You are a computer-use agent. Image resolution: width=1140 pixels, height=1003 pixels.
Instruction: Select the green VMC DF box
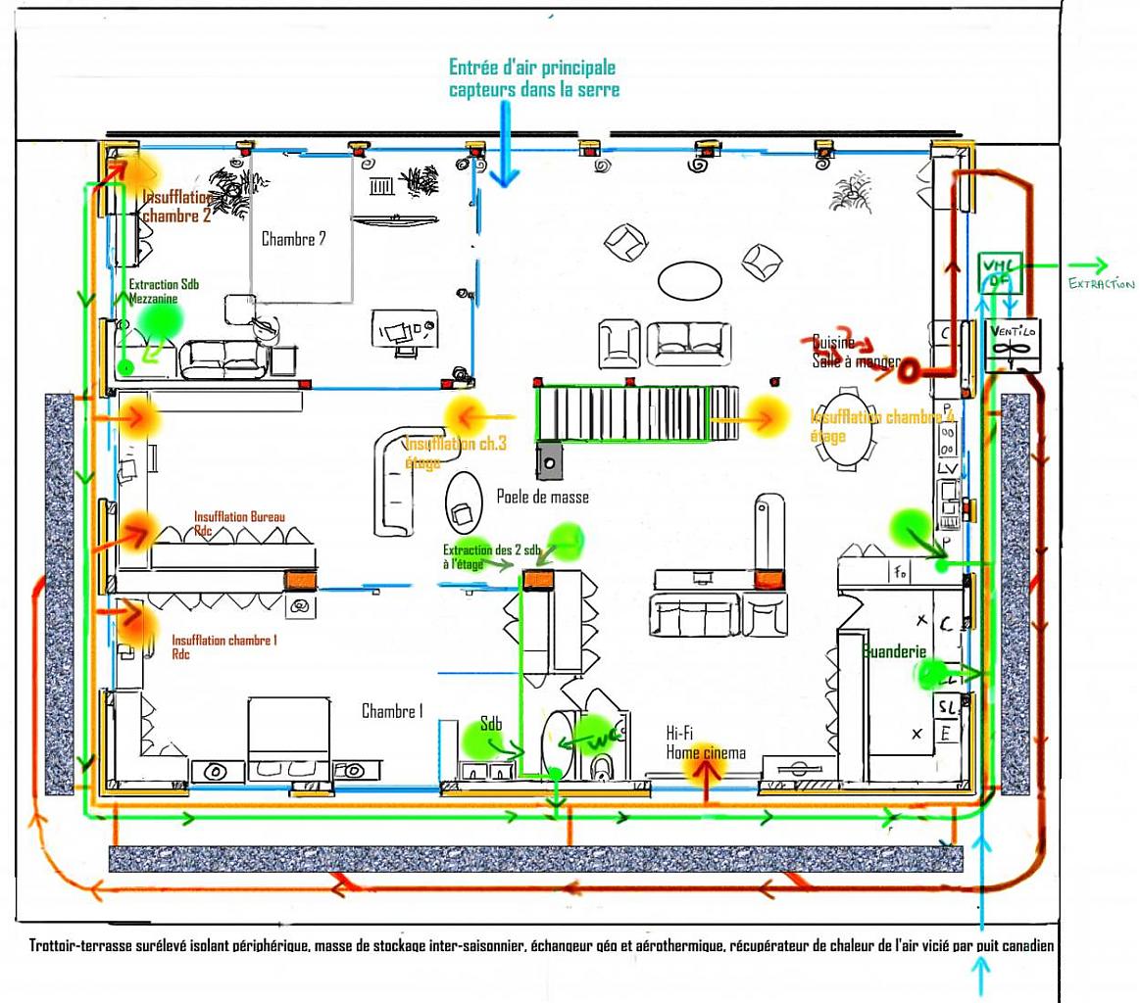pyautogui.click(x=999, y=272)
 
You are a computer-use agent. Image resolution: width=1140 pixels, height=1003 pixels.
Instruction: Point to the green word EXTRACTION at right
pyautogui.click(x=1100, y=283)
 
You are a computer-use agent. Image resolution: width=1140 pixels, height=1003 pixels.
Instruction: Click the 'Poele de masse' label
pyautogui.click(x=543, y=497)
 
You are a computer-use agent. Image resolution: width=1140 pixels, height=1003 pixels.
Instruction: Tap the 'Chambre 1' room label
pyautogui.click(x=391, y=711)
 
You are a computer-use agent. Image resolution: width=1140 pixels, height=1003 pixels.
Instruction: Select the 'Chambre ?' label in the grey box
pyautogui.click(x=293, y=238)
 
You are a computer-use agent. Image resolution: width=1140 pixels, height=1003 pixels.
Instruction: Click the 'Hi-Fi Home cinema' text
pyautogui.click(x=705, y=742)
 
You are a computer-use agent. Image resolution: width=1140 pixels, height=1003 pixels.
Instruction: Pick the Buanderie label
pyautogui.click(x=894, y=650)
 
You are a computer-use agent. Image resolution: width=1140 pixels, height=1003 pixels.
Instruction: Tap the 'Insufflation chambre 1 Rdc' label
pyautogui.click(x=223, y=645)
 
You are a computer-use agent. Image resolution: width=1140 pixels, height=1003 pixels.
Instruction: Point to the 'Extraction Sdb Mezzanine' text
pyautogui.click(x=164, y=290)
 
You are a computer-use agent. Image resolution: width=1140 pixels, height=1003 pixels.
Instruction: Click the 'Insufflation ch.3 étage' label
pyautogui.click(x=456, y=451)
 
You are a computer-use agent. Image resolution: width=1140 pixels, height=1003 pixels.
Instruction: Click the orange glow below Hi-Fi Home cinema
pyautogui.click(x=705, y=774)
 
